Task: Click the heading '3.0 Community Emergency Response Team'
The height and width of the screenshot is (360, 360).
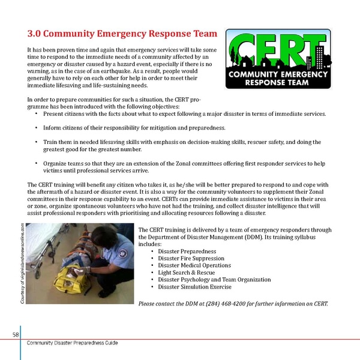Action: click(119, 34)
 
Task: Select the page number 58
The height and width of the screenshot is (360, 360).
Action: click(14, 334)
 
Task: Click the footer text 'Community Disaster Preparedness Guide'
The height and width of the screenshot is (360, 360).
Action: click(73, 343)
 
